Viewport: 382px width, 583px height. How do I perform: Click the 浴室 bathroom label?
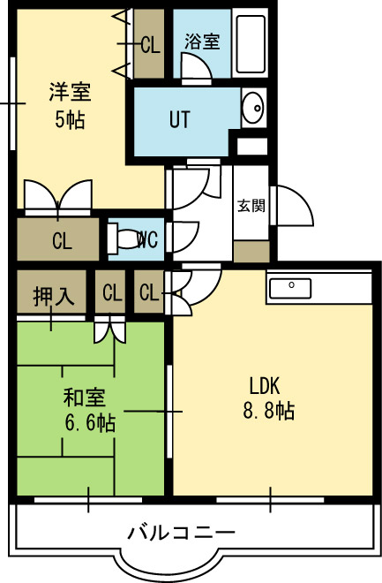pos(202,42)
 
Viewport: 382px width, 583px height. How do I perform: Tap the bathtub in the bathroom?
pos(251,44)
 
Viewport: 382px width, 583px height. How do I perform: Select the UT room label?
pos(180,119)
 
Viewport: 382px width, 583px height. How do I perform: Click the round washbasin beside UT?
pos(253,108)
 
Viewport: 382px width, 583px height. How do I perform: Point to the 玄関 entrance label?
pos(251,205)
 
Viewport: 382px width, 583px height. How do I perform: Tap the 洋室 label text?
pos(71,92)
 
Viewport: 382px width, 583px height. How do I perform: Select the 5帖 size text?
pos(70,120)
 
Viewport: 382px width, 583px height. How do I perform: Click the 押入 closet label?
pos(54,297)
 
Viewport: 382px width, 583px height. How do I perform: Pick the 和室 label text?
pos(85,397)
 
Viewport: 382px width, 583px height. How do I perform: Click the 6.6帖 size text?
pos(90,423)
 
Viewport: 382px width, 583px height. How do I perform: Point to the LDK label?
pos(265,385)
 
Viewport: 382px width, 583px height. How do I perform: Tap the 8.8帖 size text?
pos(269,411)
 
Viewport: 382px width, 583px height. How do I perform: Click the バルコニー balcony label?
pos(182,533)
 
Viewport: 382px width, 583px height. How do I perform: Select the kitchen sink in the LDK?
pos(290,288)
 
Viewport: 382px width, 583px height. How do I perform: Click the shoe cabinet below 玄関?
pos(251,252)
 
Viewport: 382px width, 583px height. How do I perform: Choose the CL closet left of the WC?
pos(58,239)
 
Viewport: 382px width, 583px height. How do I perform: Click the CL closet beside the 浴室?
pos(149,43)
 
